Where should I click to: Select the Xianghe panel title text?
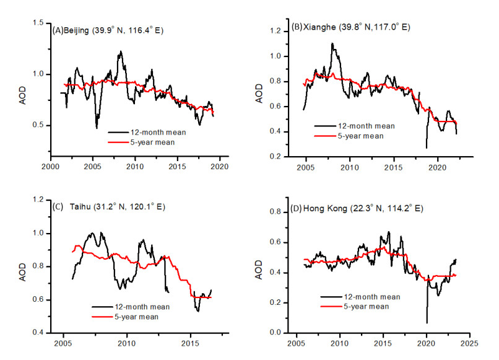pos(350,27)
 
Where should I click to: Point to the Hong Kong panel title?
pos(355,208)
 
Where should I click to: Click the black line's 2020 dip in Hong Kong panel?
pos(427,322)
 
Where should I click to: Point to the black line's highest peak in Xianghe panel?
pos(332,43)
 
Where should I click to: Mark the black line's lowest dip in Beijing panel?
pos(97,128)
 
